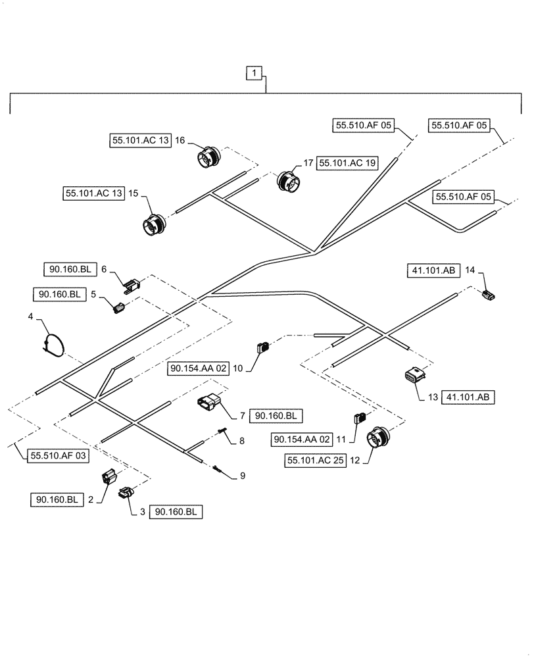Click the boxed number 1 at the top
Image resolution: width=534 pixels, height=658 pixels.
(255, 73)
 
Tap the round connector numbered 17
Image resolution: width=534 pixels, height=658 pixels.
(287, 180)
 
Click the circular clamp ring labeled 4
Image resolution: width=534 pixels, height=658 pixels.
(54, 344)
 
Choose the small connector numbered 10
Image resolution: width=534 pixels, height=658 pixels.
(263, 347)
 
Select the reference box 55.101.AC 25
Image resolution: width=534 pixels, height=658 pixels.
(316, 461)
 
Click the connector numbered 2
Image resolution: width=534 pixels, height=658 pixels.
(109, 476)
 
